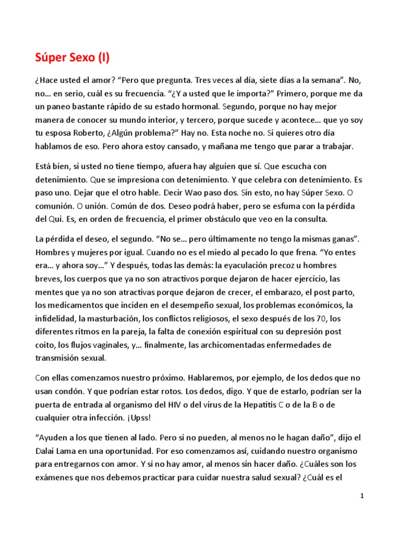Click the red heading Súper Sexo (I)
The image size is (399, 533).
72,58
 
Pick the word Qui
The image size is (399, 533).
57,219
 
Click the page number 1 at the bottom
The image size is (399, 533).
362,496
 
